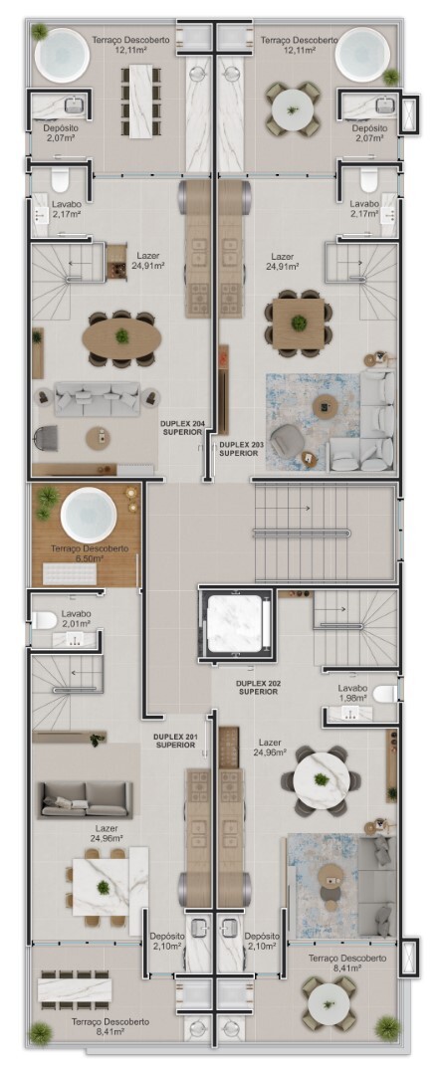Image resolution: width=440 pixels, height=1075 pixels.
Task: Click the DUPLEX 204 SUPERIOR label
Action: tap(182, 428)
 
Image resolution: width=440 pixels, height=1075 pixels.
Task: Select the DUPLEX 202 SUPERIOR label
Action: tap(259, 688)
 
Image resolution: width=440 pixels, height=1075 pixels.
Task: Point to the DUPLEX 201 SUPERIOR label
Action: tap(176, 741)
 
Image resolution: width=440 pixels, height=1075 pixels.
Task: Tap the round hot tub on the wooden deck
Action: tap(89, 515)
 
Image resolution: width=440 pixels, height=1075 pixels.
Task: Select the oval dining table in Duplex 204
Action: tap(122, 336)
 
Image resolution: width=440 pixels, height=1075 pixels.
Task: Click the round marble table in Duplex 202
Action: tap(321, 780)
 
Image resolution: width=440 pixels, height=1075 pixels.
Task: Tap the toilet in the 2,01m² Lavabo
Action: tap(45, 620)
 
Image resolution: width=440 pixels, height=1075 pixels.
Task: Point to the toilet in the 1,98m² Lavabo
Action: tap(385, 693)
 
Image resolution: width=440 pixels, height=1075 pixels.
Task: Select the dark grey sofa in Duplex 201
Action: tap(86, 799)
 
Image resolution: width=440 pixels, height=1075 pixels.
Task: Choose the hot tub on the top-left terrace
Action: tap(63, 55)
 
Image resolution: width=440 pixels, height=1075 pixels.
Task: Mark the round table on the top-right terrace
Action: tap(293, 109)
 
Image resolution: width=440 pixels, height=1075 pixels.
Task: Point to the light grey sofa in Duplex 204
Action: tap(98, 398)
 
